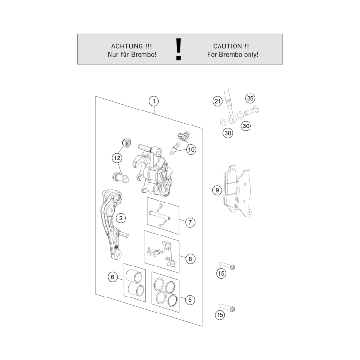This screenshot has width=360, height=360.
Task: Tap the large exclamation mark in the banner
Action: [179, 49]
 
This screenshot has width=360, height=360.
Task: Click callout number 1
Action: [154, 101]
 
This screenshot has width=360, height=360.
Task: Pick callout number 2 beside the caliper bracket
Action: [121, 218]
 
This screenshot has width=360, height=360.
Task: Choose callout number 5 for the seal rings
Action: [190, 300]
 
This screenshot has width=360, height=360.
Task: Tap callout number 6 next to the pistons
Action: [112, 277]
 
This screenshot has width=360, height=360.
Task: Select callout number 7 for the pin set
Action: [190, 222]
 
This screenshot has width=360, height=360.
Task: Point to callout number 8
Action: [190, 259]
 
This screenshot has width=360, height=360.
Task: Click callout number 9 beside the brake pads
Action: [217, 190]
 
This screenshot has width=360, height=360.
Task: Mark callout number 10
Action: [191, 150]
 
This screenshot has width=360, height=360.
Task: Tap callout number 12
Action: [117, 158]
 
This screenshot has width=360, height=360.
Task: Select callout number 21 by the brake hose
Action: [218, 101]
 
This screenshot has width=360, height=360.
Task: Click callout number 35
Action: [250, 98]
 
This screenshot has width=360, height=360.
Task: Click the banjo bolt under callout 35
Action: [251, 111]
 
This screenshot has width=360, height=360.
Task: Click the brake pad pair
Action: [237, 190]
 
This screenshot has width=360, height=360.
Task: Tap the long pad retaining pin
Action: [160, 216]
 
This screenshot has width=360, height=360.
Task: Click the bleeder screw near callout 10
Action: [175, 148]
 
